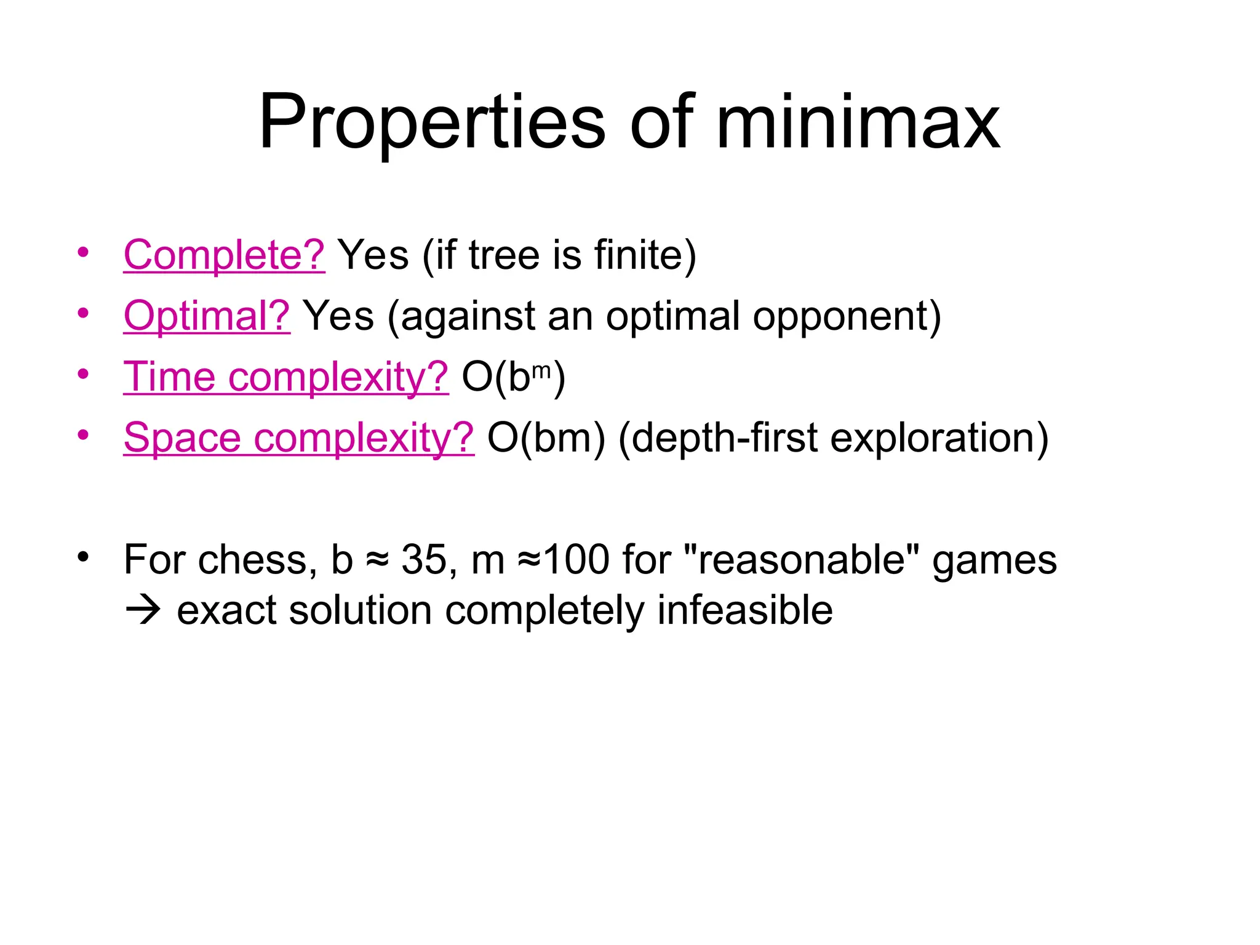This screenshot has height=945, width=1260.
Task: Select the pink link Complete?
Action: click(x=224, y=255)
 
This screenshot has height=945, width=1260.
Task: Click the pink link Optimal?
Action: click(x=207, y=316)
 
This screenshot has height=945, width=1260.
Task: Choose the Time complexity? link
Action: click(x=286, y=377)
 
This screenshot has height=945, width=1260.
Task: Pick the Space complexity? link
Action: click(x=299, y=437)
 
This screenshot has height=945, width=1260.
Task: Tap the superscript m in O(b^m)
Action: click(x=541, y=370)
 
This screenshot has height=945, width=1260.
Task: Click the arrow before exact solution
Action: click(x=143, y=611)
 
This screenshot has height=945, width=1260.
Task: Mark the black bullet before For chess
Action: click(x=83, y=557)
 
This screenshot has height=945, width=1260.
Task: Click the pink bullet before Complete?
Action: click(x=83, y=252)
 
